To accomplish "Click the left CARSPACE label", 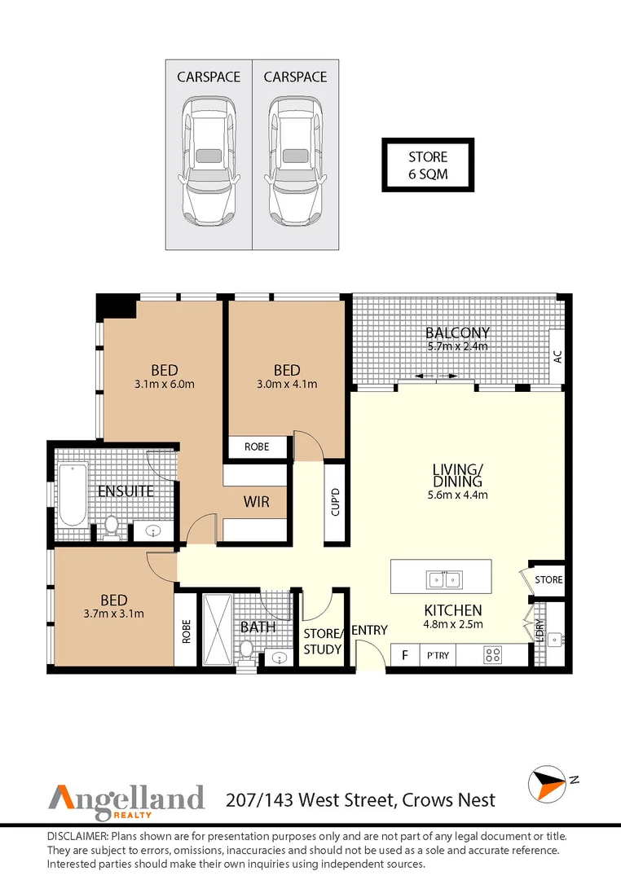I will tap(209, 77).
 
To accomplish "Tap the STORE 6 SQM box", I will tap(428, 165).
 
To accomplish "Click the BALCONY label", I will tap(458, 332).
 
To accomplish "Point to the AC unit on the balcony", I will tap(557, 356).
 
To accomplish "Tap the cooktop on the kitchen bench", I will tap(492, 654).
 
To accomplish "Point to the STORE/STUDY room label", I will tap(319, 641).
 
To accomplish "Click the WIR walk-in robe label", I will tap(256, 502).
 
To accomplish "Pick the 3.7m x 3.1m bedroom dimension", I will tap(113, 614).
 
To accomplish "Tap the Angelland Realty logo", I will tap(126, 798).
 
